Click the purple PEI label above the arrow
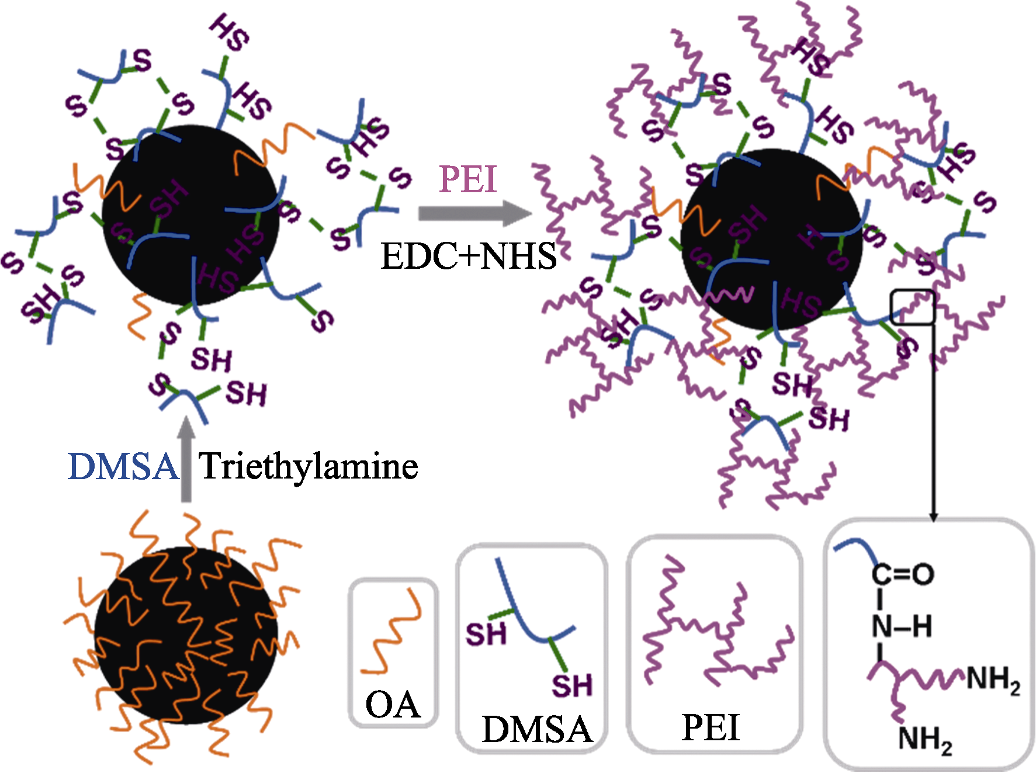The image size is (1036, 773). coord(467,179)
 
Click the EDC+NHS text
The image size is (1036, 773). coord(469,256)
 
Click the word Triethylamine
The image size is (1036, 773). coord(309,467)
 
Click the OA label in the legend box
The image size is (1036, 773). coord(393,705)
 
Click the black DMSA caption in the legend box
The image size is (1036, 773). coord(536,729)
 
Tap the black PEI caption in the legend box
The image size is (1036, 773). coord(711,727)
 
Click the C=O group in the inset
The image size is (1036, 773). coord(903,574)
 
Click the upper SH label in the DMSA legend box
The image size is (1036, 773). coord(486,634)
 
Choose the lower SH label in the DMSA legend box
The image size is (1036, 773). coord(572,685)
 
